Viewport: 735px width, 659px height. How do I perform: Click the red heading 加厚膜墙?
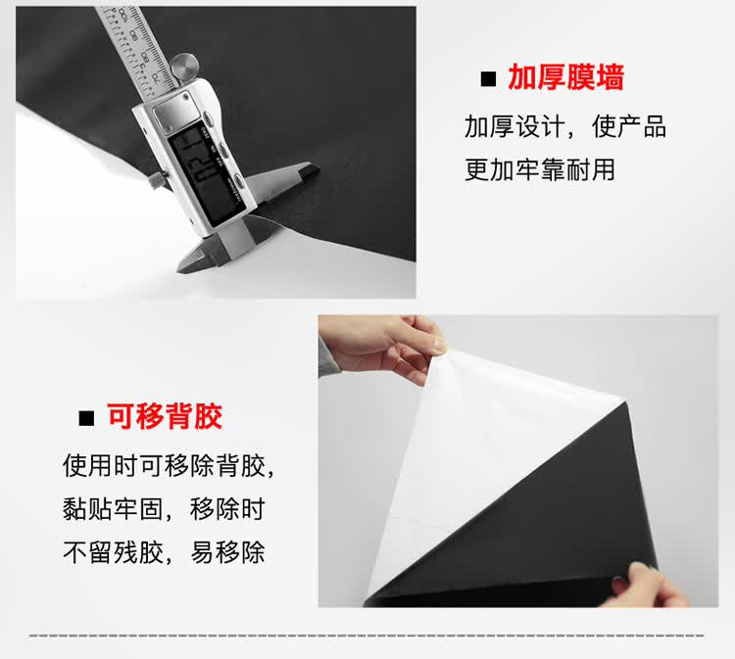tap(565, 77)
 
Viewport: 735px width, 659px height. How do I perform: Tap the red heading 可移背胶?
tap(165, 416)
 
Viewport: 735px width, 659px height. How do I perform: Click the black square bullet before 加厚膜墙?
tap(488, 78)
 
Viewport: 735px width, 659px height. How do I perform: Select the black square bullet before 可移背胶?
tap(86, 418)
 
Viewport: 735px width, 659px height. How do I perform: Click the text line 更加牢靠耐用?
tap(540, 169)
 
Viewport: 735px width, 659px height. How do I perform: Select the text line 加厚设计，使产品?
tap(564, 126)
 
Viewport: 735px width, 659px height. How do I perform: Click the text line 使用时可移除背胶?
tap(169, 465)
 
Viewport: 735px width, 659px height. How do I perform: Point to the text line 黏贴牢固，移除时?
tap(164, 508)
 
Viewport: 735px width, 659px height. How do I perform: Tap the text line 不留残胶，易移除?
tap(164, 552)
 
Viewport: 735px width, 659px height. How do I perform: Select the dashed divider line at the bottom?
tap(367, 635)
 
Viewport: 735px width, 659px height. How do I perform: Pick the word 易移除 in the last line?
tap(227, 552)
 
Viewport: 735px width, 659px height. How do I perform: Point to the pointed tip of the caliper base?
tap(179, 269)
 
